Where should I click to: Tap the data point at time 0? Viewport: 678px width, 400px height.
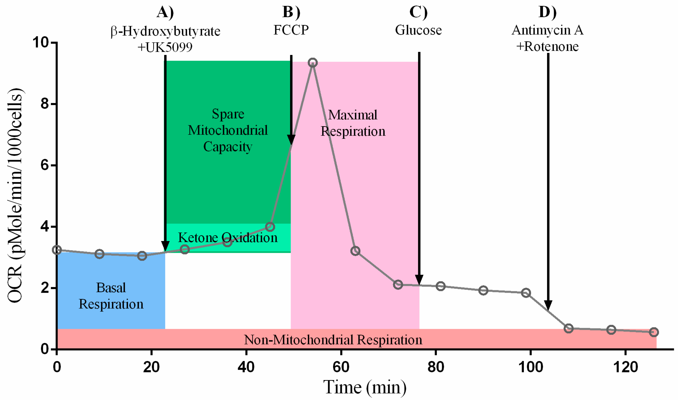click(x=57, y=250)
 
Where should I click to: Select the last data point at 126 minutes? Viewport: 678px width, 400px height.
click(x=654, y=332)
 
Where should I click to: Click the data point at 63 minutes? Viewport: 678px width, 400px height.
click(x=355, y=251)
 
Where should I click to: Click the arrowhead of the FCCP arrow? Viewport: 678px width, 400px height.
click(x=291, y=140)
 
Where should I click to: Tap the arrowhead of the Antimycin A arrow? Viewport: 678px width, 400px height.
click(x=548, y=305)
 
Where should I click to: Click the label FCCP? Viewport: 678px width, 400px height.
click(x=291, y=30)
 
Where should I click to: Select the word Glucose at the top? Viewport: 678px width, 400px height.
click(x=418, y=30)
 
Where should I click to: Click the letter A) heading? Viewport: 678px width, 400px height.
click(x=165, y=12)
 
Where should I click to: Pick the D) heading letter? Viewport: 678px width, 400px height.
click(x=547, y=12)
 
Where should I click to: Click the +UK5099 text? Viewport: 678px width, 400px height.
click(x=165, y=47)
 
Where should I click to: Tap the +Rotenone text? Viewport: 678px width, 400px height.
click(x=547, y=47)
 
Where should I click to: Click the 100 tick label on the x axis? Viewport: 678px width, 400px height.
click(x=531, y=367)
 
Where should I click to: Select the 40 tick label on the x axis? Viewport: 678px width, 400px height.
click(x=246, y=367)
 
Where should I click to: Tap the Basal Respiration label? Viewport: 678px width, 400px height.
click(x=111, y=296)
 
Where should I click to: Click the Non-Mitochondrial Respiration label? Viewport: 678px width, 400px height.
click(x=333, y=340)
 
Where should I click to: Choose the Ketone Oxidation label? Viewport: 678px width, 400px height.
click(x=228, y=238)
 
